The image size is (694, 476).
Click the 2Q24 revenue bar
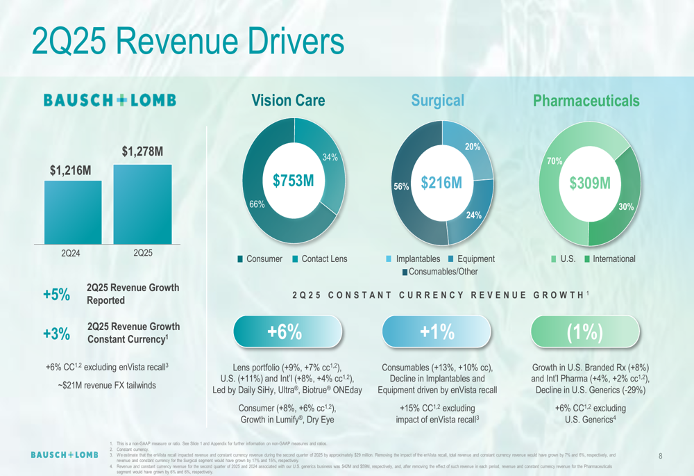[72, 211]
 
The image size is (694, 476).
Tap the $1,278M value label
[142, 151]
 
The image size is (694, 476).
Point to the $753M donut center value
[293, 181]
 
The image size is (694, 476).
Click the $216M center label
[441, 183]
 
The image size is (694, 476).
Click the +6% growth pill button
[287, 332]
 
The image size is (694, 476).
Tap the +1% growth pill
[437, 332]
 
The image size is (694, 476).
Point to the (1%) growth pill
[585, 332]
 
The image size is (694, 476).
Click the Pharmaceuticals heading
[586, 101]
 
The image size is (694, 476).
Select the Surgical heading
[437, 101]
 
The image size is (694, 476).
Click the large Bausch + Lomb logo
[110, 101]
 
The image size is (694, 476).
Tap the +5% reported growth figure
[57, 294]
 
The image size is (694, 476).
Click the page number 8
[660, 457]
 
